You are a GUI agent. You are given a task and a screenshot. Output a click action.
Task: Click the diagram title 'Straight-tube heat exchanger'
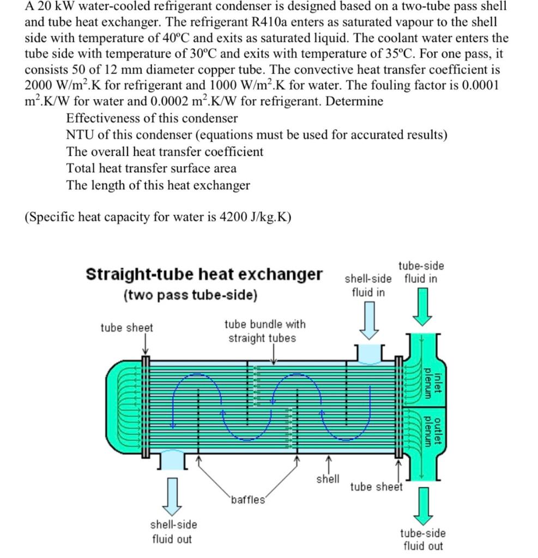click(204, 274)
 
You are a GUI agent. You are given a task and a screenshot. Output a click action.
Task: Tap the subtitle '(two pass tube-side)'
click(189, 295)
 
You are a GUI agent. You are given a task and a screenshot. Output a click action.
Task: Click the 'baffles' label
click(248, 500)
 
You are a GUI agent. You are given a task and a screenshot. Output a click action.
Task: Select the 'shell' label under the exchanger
click(328, 479)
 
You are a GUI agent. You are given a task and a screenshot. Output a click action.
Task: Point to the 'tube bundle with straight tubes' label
click(265, 331)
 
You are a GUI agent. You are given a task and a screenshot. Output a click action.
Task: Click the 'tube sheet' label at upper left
click(126, 327)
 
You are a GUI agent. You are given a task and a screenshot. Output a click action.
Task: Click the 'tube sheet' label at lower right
click(376, 487)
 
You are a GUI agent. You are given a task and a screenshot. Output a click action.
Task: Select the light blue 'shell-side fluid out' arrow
click(173, 496)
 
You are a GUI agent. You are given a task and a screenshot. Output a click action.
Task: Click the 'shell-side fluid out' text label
click(173, 532)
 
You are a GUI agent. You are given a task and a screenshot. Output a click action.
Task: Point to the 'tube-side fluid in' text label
click(421, 272)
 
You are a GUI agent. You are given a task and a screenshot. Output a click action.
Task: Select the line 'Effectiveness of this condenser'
click(152, 118)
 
